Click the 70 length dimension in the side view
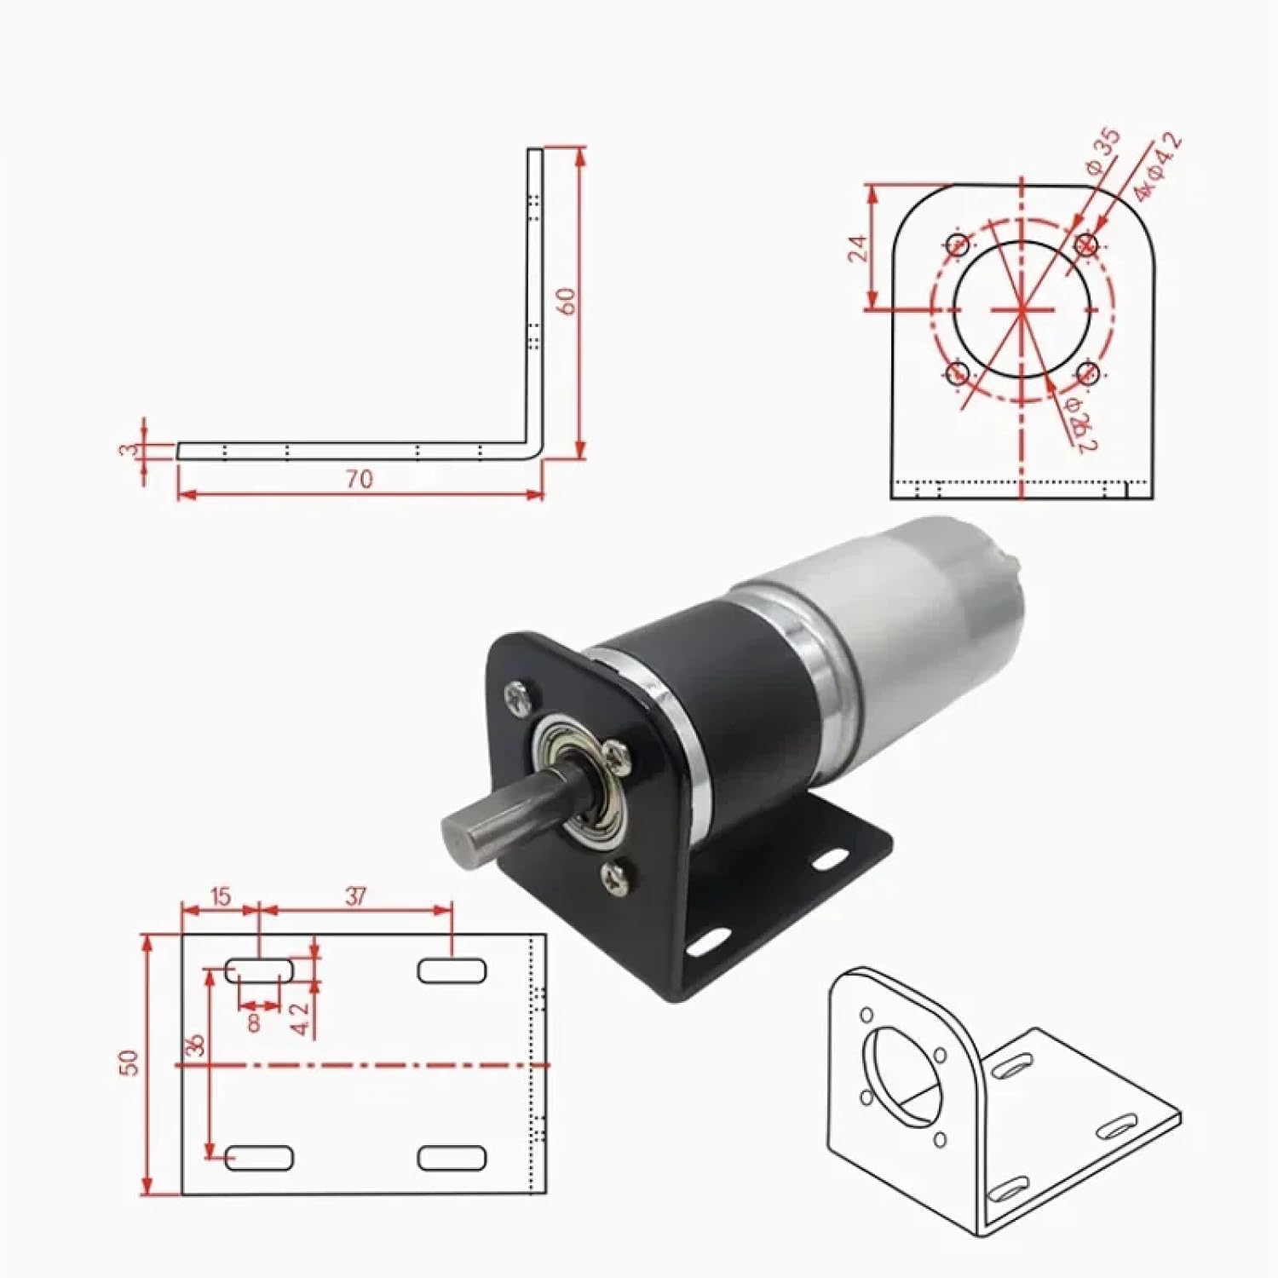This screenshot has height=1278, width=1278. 360,480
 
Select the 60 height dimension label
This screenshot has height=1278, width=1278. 567,301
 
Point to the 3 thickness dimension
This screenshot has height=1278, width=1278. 128,449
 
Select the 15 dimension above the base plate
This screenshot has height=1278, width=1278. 220,897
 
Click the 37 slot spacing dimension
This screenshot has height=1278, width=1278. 355,896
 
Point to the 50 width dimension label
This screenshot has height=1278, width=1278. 128,1062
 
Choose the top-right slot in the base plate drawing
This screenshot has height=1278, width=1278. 452,970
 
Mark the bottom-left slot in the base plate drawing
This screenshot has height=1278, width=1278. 259,1157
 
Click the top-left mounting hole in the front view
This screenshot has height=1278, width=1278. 958,245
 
